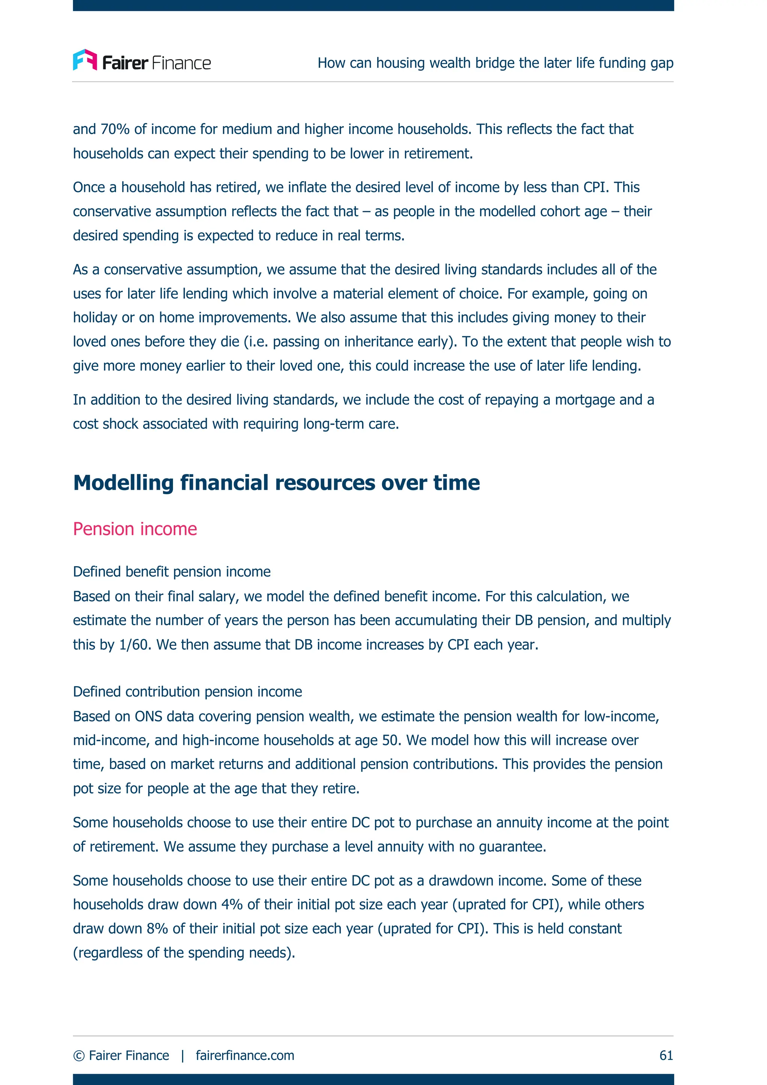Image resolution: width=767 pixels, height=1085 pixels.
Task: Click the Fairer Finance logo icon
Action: click(x=85, y=60)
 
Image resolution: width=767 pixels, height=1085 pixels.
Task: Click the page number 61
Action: click(x=666, y=1055)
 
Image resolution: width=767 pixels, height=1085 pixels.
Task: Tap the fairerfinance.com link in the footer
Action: click(x=245, y=1055)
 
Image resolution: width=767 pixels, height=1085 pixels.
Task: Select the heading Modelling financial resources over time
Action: click(x=276, y=483)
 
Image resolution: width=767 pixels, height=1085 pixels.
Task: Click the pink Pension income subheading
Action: click(x=135, y=529)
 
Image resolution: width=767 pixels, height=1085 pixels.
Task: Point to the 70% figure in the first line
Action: click(x=115, y=129)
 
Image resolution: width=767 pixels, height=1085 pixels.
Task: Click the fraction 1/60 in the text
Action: click(x=134, y=645)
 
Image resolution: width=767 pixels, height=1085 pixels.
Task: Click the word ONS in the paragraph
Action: click(x=148, y=716)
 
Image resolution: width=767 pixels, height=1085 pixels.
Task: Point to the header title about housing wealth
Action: click(x=495, y=63)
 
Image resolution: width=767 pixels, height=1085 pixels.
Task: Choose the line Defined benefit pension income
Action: click(x=172, y=572)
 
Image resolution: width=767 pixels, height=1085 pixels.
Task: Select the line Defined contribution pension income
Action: click(x=187, y=692)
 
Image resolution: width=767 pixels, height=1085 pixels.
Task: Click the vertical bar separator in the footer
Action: click(x=182, y=1055)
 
